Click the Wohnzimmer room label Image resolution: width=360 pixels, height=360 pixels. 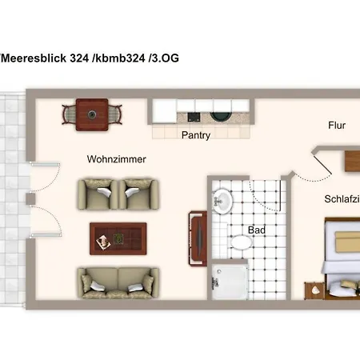[117, 160]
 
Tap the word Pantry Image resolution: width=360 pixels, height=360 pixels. [196, 135]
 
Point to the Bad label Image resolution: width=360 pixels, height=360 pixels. [257, 230]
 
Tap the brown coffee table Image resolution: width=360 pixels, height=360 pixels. [117, 237]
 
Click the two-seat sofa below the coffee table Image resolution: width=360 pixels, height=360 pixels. [117, 282]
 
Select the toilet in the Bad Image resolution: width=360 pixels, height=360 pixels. [241, 241]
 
